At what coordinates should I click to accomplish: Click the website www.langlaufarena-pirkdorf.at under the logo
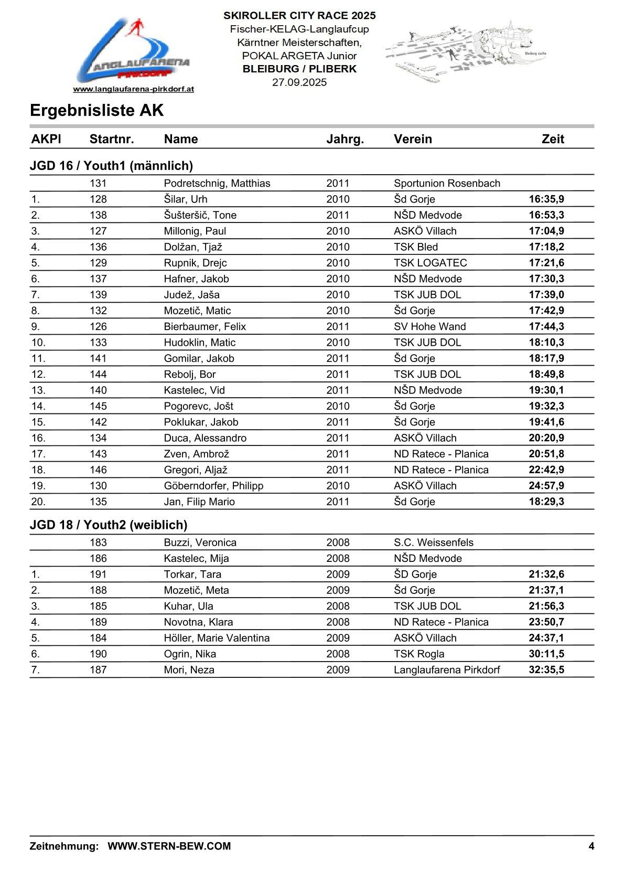(133, 89)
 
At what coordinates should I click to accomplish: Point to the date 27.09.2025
(299, 82)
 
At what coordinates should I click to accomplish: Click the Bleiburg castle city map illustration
(466, 51)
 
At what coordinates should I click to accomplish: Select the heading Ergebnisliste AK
(97, 111)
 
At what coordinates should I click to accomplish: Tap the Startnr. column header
(112, 139)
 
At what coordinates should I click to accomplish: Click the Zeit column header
(553, 139)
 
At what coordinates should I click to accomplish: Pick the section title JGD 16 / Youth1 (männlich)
(111, 166)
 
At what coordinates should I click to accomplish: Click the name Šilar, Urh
(186, 199)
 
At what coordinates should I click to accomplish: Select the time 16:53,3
(546, 215)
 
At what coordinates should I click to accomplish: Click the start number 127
(98, 231)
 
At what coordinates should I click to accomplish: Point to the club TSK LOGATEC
(430, 263)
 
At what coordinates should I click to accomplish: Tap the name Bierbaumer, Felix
(205, 326)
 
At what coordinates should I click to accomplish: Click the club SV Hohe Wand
(429, 326)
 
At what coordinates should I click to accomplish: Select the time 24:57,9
(546, 486)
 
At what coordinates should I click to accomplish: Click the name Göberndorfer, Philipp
(213, 486)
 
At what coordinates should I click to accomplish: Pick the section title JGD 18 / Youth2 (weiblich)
(109, 525)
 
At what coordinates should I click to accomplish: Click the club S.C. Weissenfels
(433, 542)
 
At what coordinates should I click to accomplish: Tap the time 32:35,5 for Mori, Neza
(546, 670)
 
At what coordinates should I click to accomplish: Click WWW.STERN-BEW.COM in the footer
(169, 846)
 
